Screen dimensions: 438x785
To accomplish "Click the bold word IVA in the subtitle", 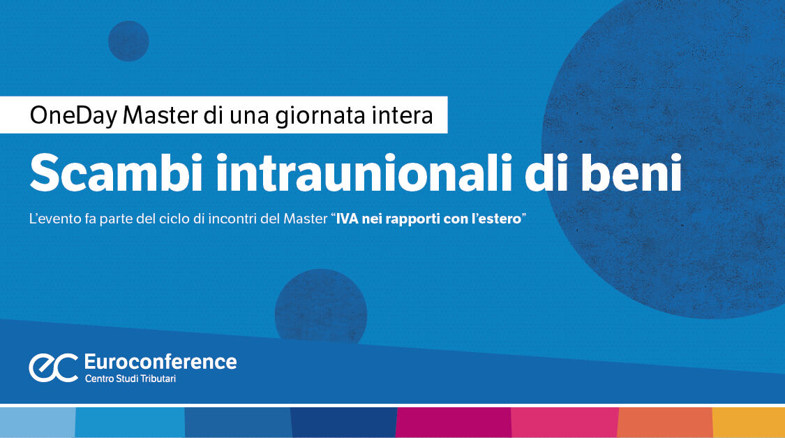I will click(x=347, y=219).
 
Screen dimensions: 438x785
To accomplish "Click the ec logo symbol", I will click(x=53, y=367).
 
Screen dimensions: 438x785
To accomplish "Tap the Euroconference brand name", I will click(x=160, y=362).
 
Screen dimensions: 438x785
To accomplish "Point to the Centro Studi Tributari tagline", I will click(x=135, y=379).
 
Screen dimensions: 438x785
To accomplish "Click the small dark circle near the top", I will click(x=128, y=41).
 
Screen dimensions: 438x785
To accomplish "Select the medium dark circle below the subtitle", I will click(x=321, y=307).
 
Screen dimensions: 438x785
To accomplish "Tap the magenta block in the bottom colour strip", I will click(x=453, y=423).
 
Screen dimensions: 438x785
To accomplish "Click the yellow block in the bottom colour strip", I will click(x=748, y=423).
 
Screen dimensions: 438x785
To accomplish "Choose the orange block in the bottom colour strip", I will click(x=665, y=423).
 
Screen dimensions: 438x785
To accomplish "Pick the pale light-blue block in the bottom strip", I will click(x=37, y=423).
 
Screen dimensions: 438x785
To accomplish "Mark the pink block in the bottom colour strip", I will click(x=565, y=423).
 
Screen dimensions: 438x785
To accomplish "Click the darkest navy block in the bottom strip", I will click(x=343, y=423).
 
